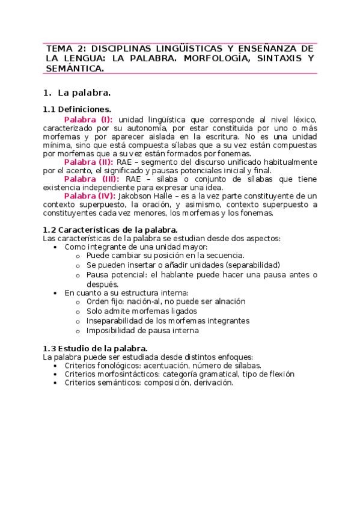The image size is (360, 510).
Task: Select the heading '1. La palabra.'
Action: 76,93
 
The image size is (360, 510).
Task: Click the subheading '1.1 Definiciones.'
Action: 77,109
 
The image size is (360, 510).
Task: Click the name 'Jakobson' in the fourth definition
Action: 136,196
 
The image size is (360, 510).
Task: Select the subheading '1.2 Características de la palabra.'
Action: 111,230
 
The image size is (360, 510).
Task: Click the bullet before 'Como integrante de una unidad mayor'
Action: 56,247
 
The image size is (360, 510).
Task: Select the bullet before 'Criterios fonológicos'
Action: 56,366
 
